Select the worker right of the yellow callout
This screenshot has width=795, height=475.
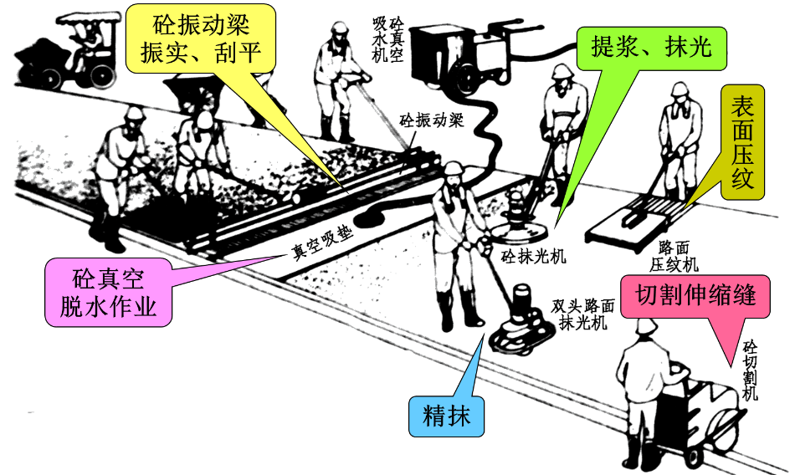coord(338,79)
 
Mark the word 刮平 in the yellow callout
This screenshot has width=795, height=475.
coord(244,56)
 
